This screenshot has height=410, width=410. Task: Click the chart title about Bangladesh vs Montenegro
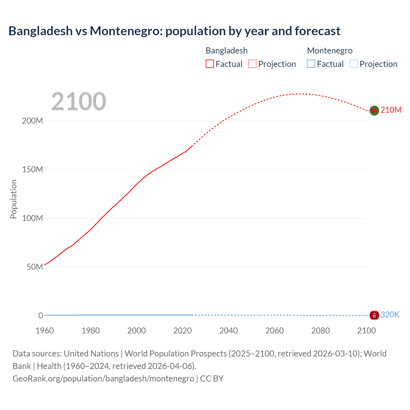[x=174, y=31]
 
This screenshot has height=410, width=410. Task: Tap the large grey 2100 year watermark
[x=78, y=101]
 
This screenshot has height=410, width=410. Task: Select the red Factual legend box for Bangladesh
[x=209, y=64]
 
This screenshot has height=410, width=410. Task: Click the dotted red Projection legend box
[x=252, y=64]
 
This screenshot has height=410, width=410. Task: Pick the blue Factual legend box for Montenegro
[x=311, y=64]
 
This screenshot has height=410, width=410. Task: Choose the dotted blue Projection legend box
[x=354, y=64]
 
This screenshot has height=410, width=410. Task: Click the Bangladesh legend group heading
[x=226, y=51]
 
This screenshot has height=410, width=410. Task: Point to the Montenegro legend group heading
[x=330, y=51]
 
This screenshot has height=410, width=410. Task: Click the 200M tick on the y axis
[x=32, y=121]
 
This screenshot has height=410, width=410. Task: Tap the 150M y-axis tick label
[x=32, y=170]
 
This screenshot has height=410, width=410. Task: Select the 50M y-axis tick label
[x=35, y=267]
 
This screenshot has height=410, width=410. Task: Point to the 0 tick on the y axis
[x=41, y=316]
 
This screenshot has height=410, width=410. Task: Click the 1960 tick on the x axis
[x=45, y=331]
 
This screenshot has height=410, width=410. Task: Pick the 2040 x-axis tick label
[x=228, y=331]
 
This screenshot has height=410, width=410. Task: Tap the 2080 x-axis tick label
[x=320, y=331]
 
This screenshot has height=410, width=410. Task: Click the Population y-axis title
[x=13, y=199]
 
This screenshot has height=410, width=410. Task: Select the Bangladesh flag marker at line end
[x=374, y=111]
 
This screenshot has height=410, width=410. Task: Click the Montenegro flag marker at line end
[x=374, y=315]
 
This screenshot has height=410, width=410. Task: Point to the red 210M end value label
[x=391, y=110]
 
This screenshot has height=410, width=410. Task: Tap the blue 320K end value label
[x=390, y=315]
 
